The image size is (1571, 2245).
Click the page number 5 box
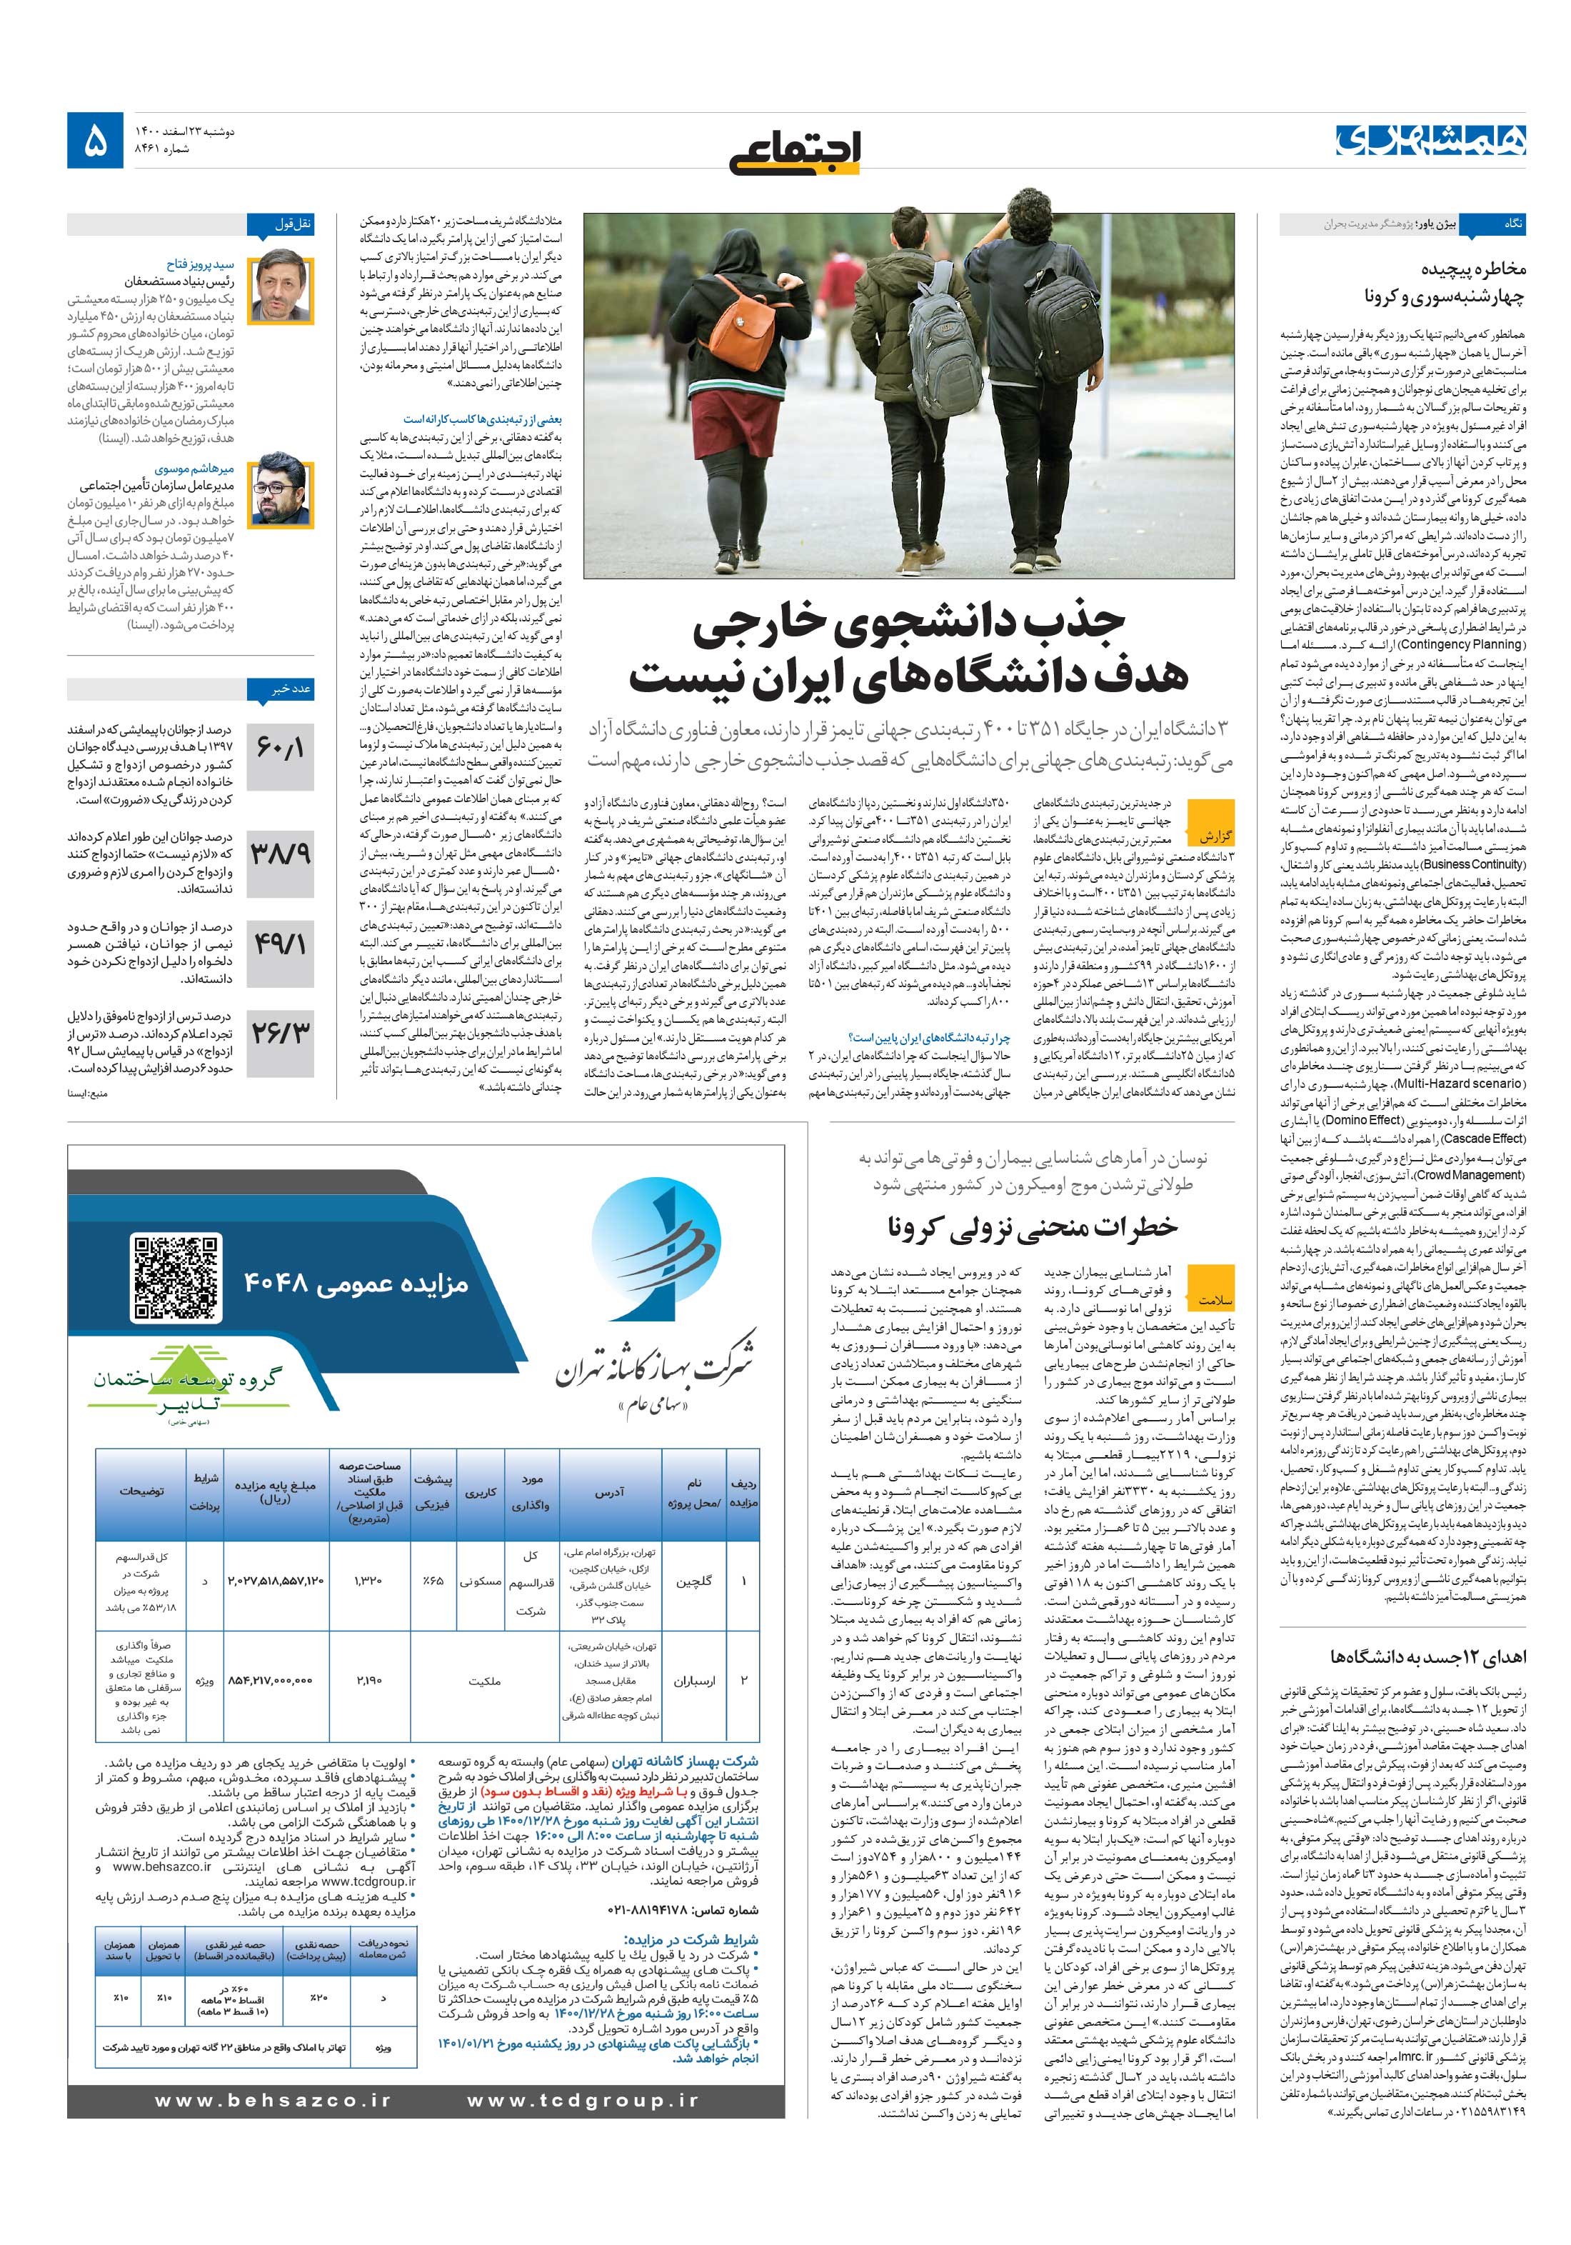(96, 141)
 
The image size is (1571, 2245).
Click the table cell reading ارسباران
(694, 1680)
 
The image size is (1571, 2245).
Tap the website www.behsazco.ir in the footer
(273, 2100)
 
